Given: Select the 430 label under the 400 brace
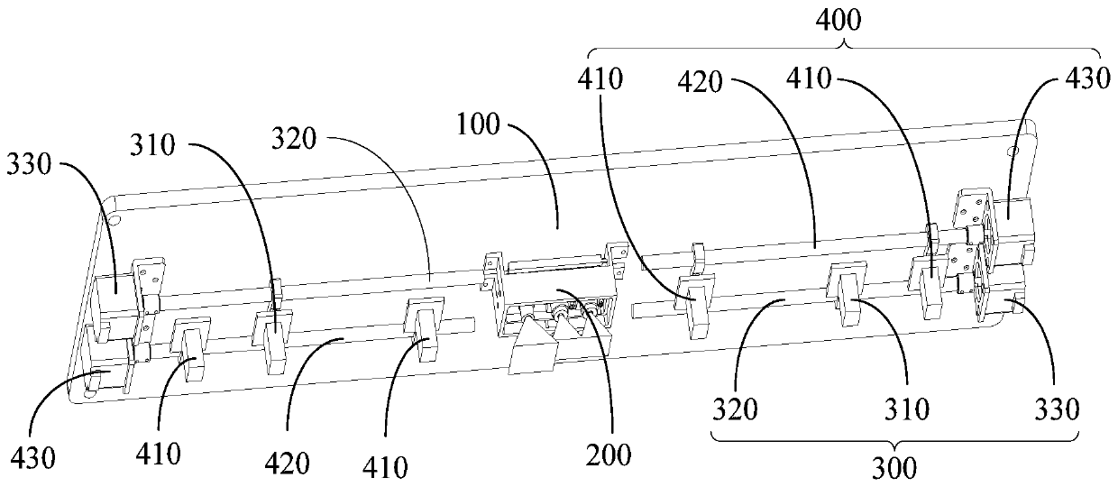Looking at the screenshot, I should click(x=1087, y=79).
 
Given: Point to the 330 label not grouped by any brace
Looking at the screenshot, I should click(x=31, y=166).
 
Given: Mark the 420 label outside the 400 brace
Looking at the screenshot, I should click(x=289, y=464).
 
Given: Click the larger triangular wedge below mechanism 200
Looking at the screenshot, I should click(x=529, y=352).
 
